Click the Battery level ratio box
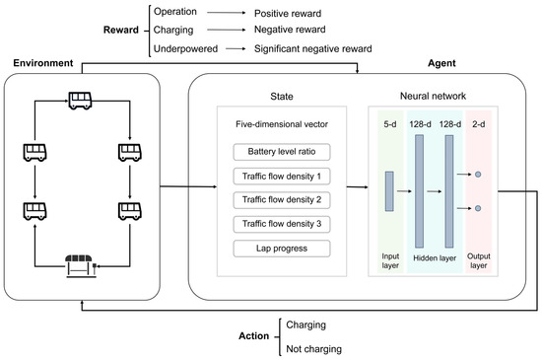coord(282,152)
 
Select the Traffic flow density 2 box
coord(282,200)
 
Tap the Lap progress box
coord(282,249)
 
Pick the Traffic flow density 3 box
coord(282,224)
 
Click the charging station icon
coord(81,266)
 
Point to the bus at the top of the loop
coord(80,101)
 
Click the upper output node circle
coord(478,175)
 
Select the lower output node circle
coord(478,208)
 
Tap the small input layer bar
coord(389,191)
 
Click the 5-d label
coord(390,124)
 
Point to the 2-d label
coord(478,124)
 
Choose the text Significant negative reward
coord(313,48)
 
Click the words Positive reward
coord(288,14)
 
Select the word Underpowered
coord(185,48)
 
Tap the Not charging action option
coord(313,349)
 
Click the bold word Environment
coord(43,63)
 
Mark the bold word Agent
coord(441,63)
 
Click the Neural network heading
coord(434,96)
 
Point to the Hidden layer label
coord(435,258)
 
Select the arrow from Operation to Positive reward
coord(227,13)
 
